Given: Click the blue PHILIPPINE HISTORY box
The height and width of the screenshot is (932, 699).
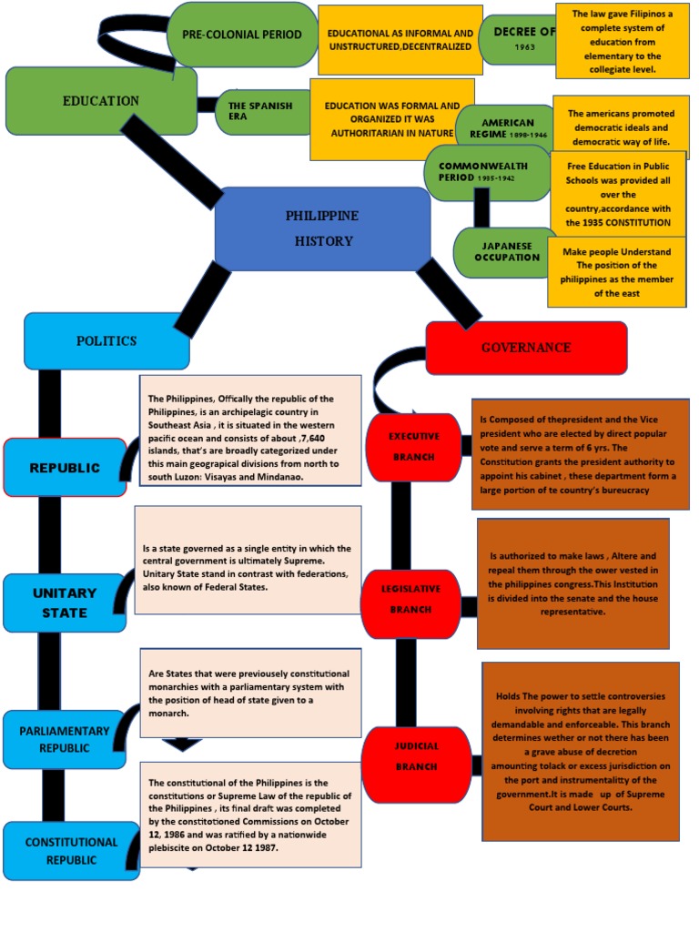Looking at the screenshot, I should [322, 228].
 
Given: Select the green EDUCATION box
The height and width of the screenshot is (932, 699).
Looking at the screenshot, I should [101, 101].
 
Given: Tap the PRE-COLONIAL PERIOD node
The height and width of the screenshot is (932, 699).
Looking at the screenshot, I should [242, 35].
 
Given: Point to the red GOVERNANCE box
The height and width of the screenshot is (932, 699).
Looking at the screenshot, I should [526, 348].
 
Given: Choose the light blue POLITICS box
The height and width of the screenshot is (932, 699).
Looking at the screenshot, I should [107, 340].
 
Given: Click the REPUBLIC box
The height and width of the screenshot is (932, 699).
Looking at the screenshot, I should [65, 468].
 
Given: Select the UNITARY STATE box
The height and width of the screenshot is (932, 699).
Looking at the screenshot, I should [65, 603].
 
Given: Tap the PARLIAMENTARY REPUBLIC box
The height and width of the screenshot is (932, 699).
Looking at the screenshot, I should [65, 739].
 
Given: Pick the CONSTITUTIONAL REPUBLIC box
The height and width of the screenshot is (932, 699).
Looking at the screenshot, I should [71, 851].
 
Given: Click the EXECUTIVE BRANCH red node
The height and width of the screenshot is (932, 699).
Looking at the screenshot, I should [414, 446].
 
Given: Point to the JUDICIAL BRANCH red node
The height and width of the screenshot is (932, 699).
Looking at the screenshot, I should [416, 755].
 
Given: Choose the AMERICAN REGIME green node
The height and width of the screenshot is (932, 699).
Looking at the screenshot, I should [507, 128].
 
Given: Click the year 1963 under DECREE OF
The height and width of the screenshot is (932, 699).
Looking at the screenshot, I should [525, 47].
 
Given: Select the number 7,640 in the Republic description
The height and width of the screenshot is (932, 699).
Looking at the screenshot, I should [312, 438].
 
